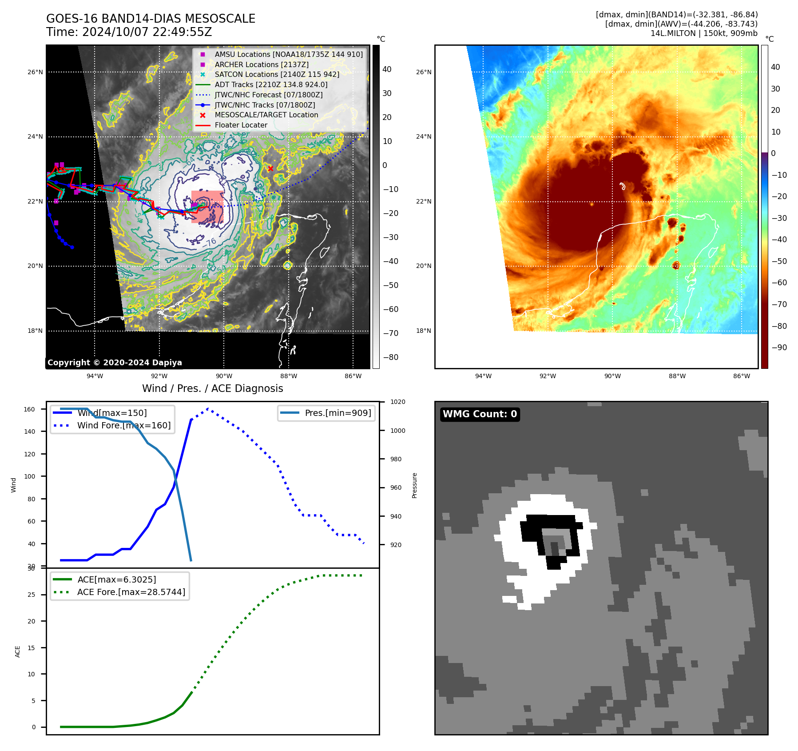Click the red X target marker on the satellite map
270,168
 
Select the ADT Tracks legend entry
271,84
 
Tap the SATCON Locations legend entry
277,74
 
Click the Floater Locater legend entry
241,125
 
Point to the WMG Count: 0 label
480,414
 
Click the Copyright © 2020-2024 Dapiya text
115,363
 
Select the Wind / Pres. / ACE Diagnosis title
212,388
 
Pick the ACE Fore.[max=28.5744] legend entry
131,592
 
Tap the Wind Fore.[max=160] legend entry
123,425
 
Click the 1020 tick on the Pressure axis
397,402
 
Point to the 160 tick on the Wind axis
29,409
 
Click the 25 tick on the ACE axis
31,595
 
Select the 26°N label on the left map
35,72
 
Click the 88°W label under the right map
677,376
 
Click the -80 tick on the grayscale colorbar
391,357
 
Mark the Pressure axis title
414,485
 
